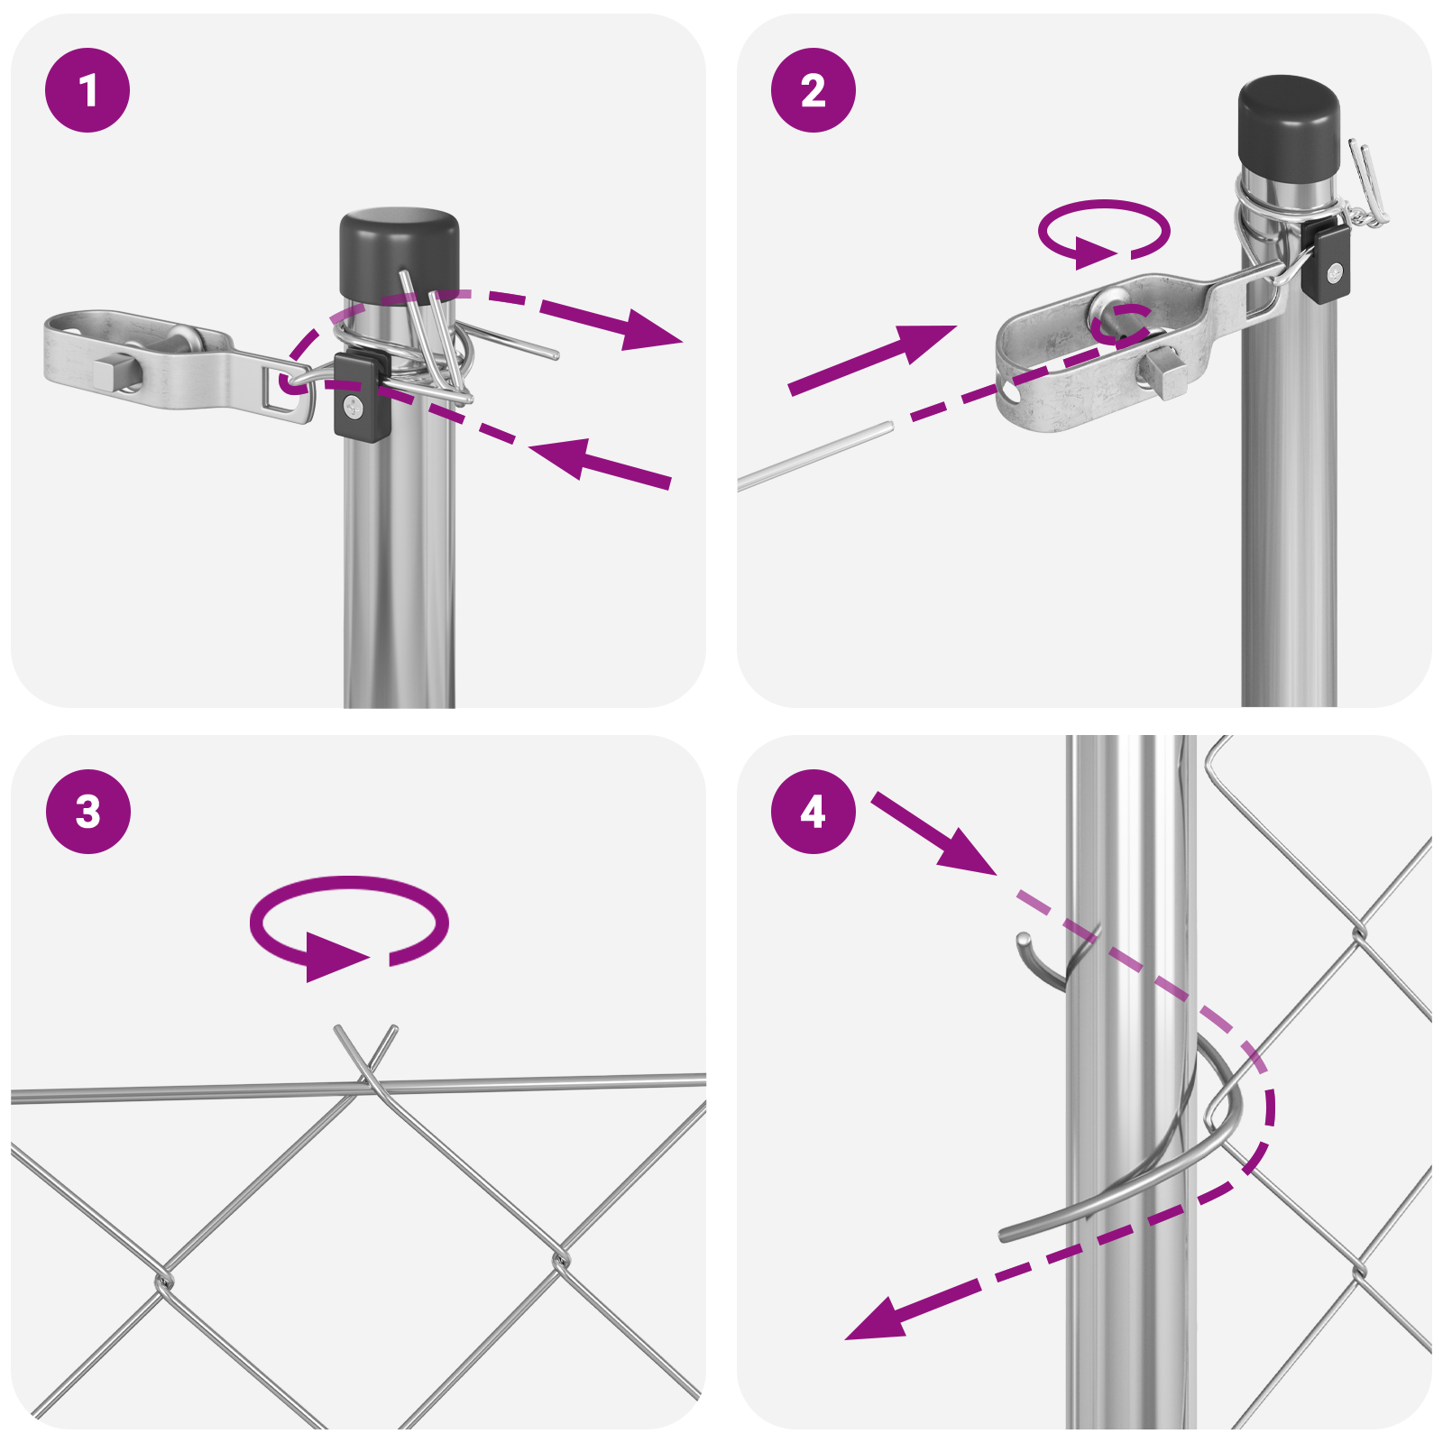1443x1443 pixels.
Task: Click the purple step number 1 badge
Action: tap(87, 90)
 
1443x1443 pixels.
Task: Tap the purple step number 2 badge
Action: tap(813, 90)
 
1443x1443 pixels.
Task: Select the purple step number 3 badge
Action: tap(87, 812)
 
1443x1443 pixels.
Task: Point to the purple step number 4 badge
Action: tap(813, 812)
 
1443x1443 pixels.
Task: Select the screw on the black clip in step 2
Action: tap(1334, 271)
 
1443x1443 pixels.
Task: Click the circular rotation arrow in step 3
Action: tap(348, 924)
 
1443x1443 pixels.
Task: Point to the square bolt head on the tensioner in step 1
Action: tap(112, 372)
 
